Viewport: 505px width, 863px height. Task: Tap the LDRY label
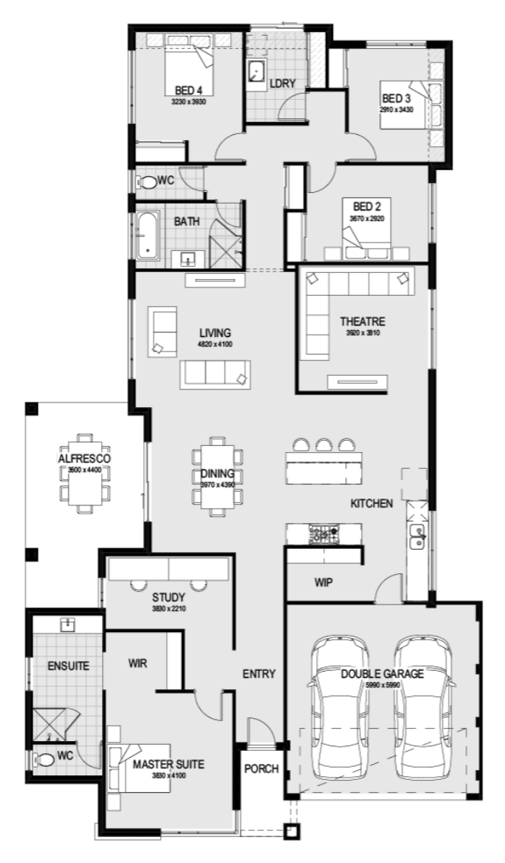click(x=283, y=83)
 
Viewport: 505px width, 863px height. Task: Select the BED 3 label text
click(x=396, y=98)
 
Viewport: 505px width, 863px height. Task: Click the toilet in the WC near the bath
click(x=146, y=183)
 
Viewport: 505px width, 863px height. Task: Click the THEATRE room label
click(x=363, y=322)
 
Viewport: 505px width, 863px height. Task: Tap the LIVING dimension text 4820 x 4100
click(x=216, y=344)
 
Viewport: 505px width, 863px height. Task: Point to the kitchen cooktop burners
click(x=324, y=534)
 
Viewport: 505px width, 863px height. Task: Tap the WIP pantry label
click(x=324, y=582)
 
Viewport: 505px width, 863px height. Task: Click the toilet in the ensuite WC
click(x=46, y=759)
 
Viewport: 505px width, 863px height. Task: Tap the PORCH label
click(x=261, y=768)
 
